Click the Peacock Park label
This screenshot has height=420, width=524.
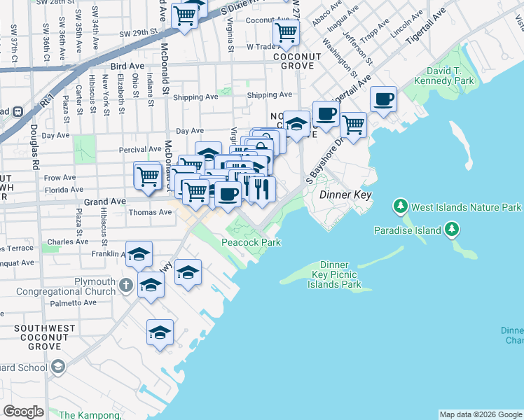click(x=251, y=242)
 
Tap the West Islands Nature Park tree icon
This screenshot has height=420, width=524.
click(x=400, y=206)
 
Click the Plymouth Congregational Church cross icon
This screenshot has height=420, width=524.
click(x=125, y=285)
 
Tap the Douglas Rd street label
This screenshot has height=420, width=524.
click(x=34, y=147)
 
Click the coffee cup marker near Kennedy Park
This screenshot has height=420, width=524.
click(x=383, y=99)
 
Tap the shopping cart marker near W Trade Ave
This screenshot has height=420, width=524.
click(x=286, y=32)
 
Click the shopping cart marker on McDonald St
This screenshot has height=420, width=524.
click(x=148, y=175)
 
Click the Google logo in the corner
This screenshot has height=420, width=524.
click(x=24, y=412)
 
